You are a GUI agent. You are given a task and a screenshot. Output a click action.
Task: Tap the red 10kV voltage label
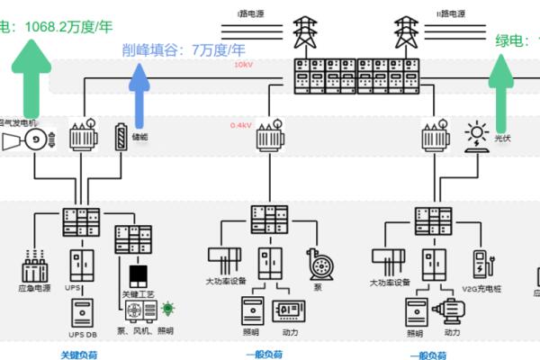243,65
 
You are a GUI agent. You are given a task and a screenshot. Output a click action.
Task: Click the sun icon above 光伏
475,135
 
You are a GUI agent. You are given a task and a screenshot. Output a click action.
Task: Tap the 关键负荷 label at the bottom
77,354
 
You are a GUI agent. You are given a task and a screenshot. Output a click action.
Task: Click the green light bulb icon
166,310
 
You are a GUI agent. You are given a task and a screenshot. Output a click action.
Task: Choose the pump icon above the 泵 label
316,263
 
